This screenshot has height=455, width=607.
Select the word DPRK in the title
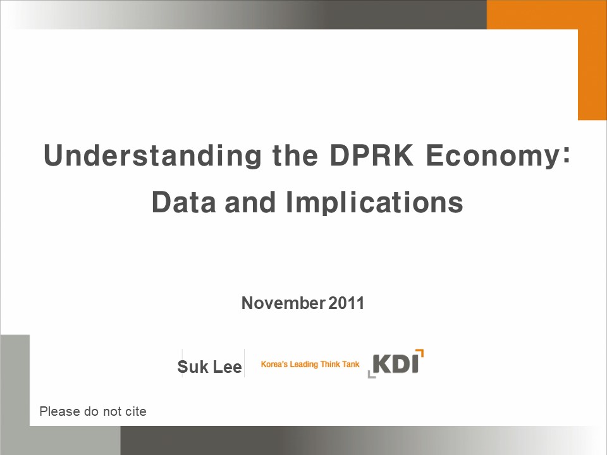coord(371,155)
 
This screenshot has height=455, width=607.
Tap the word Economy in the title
coord(493,156)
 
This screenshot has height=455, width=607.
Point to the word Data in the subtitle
coord(183,202)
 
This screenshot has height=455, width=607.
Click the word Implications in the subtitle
coord(374,203)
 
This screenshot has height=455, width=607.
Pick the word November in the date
coord(283,303)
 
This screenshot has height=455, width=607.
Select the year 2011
coord(346,303)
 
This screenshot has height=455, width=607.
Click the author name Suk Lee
coord(209,367)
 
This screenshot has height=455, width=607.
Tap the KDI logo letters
coord(396,364)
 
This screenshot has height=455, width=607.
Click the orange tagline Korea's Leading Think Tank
coord(310,364)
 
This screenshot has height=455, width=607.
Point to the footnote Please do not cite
coord(93,411)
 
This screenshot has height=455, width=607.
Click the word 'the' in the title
coord(295,155)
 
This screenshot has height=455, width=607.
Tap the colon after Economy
coord(567,156)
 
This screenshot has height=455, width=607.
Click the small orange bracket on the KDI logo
coord(420,353)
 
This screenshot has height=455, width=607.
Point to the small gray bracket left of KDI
coord(371,374)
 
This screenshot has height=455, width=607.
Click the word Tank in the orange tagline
coord(351,364)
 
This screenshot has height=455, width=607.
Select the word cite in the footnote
coord(136,411)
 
